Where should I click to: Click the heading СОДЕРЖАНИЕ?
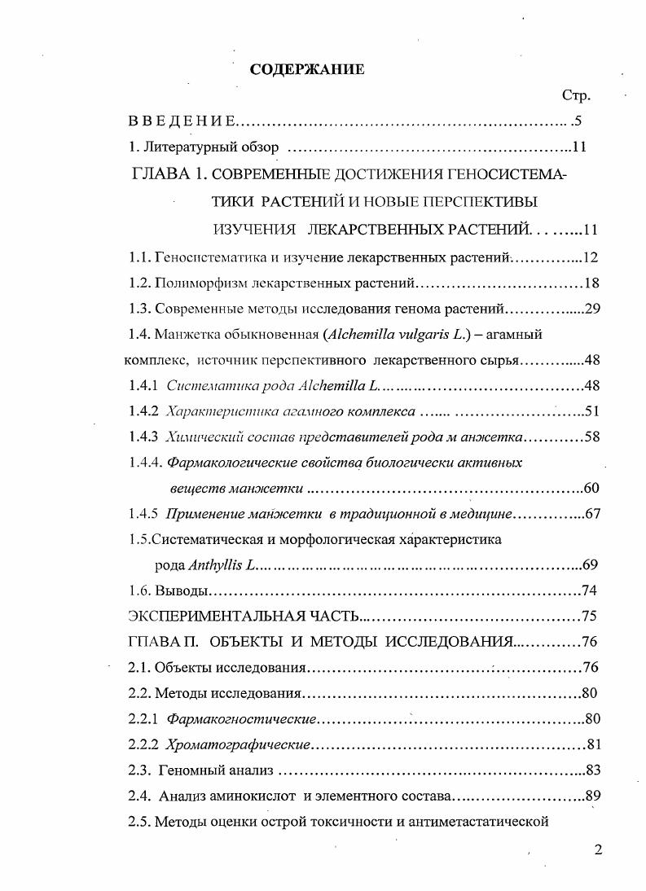pyautogui.click(x=307, y=69)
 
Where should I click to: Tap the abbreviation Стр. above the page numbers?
pyautogui.click(x=576, y=95)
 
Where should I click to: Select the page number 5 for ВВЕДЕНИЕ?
pyautogui.click(x=578, y=121)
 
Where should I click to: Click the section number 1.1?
pyautogui.click(x=139, y=257)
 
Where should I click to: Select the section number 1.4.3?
pyautogui.click(x=144, y=437)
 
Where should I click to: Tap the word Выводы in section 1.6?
pyautogui.click(x=183, y=590)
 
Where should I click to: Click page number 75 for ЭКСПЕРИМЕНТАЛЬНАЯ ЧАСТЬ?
pyautogui.click(x=591, y=616)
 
